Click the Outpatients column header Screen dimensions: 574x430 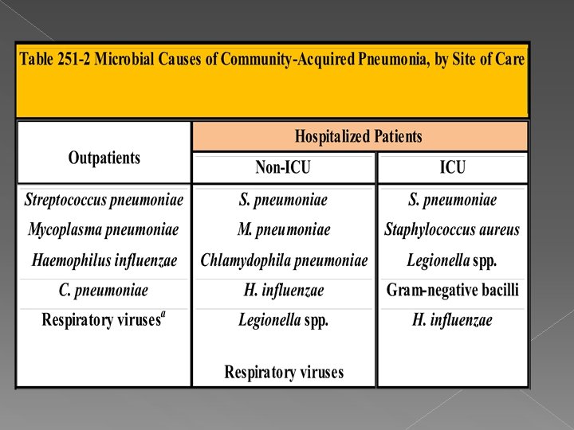point(104,158)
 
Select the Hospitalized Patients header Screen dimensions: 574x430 point(359,137)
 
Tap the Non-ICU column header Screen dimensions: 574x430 point(283,168)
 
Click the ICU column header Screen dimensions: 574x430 point(452,168)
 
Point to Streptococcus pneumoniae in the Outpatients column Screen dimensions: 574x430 point(104,200)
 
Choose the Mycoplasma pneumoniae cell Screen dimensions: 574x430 point(104,230)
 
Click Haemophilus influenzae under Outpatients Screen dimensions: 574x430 point(104,260)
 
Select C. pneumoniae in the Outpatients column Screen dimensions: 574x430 point(104,290)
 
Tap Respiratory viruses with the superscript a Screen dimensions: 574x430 point(104,320)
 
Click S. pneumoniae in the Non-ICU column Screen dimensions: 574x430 point(283,200)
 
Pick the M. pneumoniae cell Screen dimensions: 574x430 point(283,230)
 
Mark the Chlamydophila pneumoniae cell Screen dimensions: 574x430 point(284,260)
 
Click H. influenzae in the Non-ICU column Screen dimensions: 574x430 point(283,290)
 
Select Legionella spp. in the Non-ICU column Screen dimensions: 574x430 point(283,320)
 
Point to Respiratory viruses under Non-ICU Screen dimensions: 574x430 point(284,372)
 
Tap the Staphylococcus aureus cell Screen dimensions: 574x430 point(452,230)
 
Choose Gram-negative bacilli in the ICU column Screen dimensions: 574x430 point(452,290)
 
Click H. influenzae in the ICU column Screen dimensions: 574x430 point(452,320)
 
